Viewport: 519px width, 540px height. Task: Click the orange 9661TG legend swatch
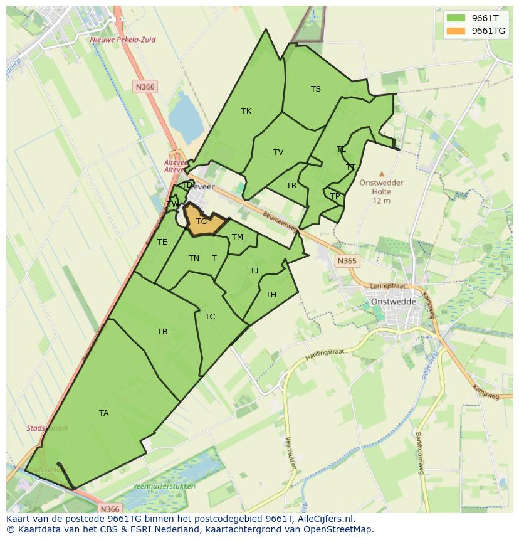pos(456,31)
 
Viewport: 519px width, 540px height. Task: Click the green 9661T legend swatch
pos(456,18)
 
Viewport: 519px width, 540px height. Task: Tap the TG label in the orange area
pos(201,221)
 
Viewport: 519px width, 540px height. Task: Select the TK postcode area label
pos(246,111)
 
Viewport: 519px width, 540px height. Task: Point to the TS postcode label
pos(316,89)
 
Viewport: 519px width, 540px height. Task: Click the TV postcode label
pos(278,152)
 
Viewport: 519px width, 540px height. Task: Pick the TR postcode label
pos(291,186)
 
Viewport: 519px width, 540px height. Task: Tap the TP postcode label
pos(335,196)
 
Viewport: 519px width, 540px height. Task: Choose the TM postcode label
pos(238,237)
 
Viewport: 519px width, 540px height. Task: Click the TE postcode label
pos(162,242)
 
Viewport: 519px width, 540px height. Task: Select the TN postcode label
pos(194,258)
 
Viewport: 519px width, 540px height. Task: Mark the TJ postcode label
pos(254,271)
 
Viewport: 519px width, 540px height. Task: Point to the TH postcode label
pos(271,295)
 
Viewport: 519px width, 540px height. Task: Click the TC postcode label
pos(210,317)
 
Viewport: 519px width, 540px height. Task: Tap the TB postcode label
pos(162,332)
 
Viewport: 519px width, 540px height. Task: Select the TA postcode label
pos(104,413)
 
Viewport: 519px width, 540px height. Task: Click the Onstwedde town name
pos(394,301)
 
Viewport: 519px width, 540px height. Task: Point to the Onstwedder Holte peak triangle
pos(382,174)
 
